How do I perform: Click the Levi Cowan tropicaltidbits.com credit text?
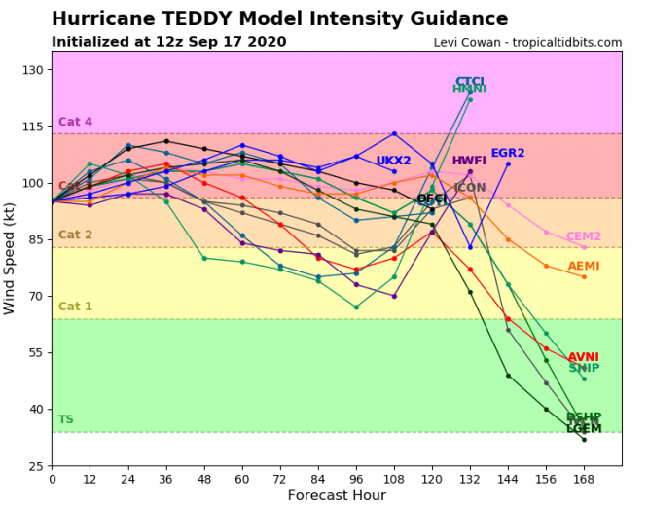[x=527, y=42]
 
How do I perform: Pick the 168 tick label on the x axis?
[x=584, y=479]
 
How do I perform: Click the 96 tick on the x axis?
[x=356, y=479]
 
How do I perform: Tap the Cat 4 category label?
[x=75, y=122]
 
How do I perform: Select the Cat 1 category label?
[x=75, y=307]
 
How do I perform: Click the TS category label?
[x=65, y=419]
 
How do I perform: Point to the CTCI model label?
[x=470, y=82]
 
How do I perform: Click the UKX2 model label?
[x=394, y=161]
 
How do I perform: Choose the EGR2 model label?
[x=508, y=153]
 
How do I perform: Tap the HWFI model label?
[x=469, y=161]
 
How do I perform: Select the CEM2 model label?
[x=584, y=236]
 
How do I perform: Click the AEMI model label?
[x=584, y=266]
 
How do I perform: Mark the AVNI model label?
[x=584, y=357]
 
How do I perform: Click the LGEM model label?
[x=584, y=428]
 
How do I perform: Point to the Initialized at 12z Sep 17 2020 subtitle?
[x=168, y=42]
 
